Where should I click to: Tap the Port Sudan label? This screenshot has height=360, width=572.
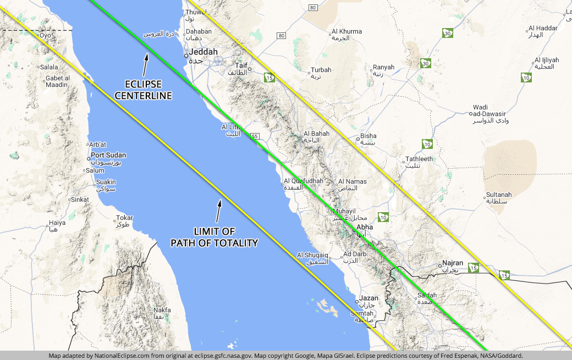(x=108, y=156)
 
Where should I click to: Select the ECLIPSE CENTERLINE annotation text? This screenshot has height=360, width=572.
(x=144, y=90)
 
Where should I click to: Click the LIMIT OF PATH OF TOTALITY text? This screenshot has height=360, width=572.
(x=214, y=237)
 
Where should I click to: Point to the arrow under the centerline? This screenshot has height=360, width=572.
(x=146, y=65)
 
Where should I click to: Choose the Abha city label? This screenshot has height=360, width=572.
(x=365, y=227)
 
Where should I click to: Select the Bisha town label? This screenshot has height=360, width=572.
(x=369, y=136)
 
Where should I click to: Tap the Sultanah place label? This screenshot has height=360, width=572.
(x=499, y=195)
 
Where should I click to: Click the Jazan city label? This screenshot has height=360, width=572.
(x=369, y=298)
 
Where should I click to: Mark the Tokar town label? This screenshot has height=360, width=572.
(x=125, y=218)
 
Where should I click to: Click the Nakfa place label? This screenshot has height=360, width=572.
(x=162, y=310)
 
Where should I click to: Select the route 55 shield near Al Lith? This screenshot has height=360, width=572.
(x=254, y=136)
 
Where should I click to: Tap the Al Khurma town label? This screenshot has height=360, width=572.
(x=347, y=32)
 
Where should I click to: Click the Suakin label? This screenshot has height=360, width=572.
(x=106, y=182)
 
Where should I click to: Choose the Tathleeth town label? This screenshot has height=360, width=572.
(x=419, y=159)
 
